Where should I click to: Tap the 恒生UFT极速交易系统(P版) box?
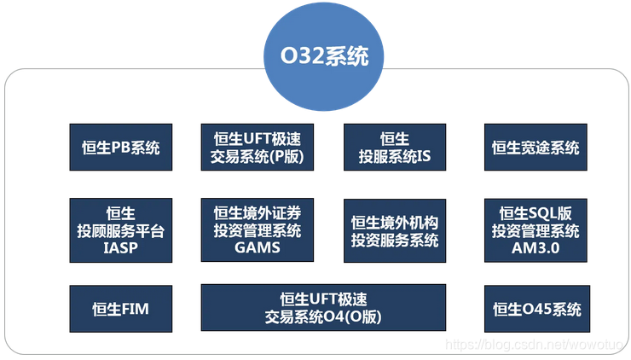pyautogui.click(x=257, y=148)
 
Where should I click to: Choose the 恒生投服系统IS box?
pyautogui.click(x=395, y=148)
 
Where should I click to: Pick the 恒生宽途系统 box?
pyautogui.click(x=535, y=148)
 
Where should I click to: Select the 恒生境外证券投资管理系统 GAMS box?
pyautogui.click(x=257, y=229)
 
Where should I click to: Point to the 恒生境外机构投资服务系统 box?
pyautogui.click(x=395, y=229)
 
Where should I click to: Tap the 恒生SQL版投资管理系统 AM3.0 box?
pyautogui.click(x=535, y=229)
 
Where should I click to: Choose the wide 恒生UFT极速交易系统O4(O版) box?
pyautogui.click(x=323, y=309)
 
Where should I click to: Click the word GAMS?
pyautogui.click(x=257, y=247)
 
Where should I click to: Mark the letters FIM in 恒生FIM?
pyautogui.click(x=134, y=309)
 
